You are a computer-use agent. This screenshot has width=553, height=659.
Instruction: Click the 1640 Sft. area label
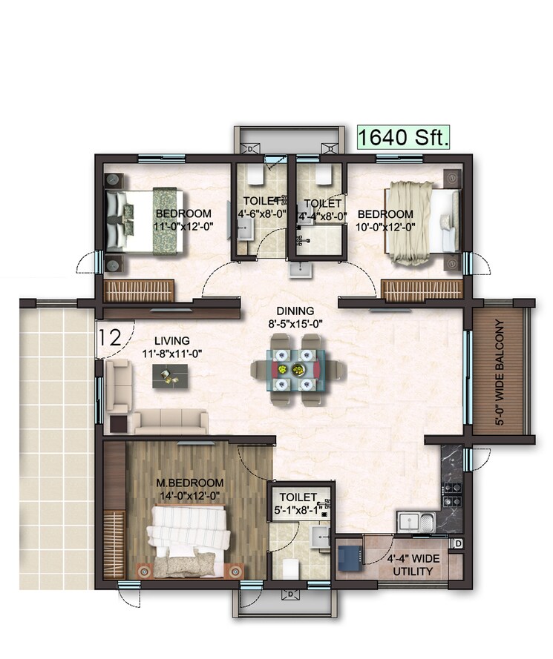pos(403,138)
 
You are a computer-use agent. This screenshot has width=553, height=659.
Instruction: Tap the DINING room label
pos(295,311)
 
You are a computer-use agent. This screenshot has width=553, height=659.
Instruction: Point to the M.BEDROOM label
pos(190,483)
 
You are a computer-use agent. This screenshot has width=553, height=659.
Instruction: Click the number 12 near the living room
pos(109,338)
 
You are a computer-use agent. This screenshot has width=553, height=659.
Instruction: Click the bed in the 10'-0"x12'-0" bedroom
pos(422,222)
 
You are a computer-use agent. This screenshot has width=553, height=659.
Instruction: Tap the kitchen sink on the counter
pos(413,521)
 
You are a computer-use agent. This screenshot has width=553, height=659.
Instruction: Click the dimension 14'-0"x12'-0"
pos(190,495)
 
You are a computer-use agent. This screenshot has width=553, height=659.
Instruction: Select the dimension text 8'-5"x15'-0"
pos(295,323)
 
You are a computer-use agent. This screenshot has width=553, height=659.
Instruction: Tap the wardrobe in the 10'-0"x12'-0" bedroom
pos(421,290)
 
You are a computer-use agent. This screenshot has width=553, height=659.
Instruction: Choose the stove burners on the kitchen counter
pos(452,491)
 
